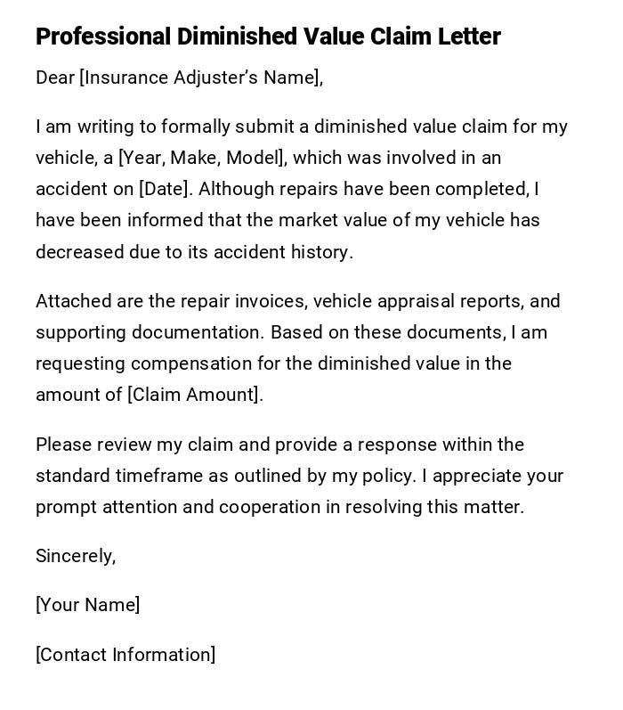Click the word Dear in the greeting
(55, 78)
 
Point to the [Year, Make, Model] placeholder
(202, 158)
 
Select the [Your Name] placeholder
(87, 605)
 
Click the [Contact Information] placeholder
(125, 655)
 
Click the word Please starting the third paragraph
(62, 445)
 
